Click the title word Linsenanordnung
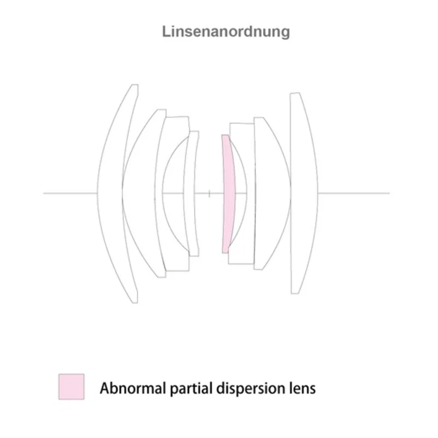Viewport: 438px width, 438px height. [226, 32]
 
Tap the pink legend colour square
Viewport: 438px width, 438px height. [71, 387]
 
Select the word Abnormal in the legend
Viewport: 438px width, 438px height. [133, 388]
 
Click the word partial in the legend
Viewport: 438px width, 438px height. [192, 389]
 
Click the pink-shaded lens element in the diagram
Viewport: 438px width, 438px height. [228, 194]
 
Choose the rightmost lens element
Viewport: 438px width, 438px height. [304, 193]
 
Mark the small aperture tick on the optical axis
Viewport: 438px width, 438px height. [209, 193]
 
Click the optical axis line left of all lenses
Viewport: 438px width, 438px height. [70, 193]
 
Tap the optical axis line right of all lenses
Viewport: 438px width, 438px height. [354, 193]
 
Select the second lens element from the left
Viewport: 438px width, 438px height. [139, 193]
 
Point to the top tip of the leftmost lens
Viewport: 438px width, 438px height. [135, 85]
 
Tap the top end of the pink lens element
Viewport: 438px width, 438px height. [225, 135]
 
